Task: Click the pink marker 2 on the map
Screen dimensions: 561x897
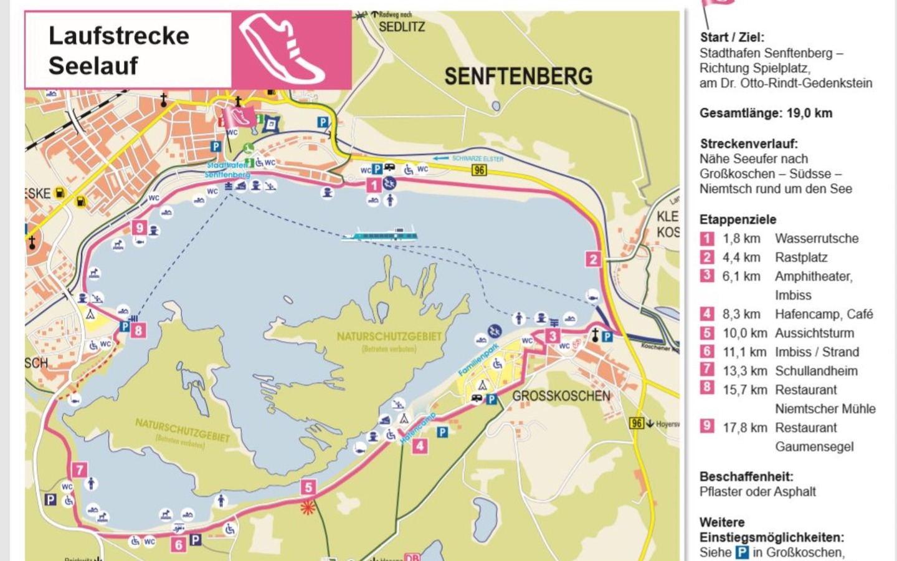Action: pyautogui.click(x=592, y=259)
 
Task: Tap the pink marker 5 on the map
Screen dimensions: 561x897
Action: pyautogui.click(x=308, y=487)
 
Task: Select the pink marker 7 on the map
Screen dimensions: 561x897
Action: pyautogui.click(x=79, y=469)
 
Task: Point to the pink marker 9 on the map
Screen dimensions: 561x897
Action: pyautogui.click(x=139, y=228)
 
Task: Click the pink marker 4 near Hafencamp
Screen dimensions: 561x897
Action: pyautogui.click(x=420, y=446)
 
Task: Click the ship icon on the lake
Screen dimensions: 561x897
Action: pyautogui.click(x=379, y=235)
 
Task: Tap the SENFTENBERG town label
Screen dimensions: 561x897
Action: pyautogui.click(x=518, y=77)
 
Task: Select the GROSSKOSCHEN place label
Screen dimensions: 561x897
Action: pyautogui.click(x=561, y=396)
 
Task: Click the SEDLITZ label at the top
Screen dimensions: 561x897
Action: pyautogui.click(x=402, y=27)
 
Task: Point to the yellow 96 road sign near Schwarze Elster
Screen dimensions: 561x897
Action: pyautogui.click(x=478, y=170)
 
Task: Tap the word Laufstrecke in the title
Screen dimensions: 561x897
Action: pyautogui.click(x=118, y=36)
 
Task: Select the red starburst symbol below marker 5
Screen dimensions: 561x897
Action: pyautogui.click(x=308, y=507)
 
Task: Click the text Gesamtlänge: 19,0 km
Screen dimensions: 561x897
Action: pyautogui.click(x=766, y=113)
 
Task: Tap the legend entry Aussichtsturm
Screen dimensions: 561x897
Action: pyautogui.click(x=814, y=333)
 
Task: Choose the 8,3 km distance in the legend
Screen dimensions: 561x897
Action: pyautogui.click(x=741, y=314)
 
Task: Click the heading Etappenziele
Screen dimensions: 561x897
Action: pyautogui.click(x=738, y=219)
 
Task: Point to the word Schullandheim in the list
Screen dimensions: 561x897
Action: pyautogui.click(x=816, y=371)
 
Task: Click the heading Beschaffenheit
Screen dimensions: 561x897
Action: pyautogui.click(x=746, y=477)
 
